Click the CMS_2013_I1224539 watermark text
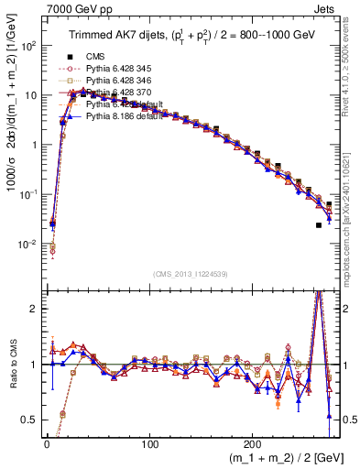(x=189, y=273)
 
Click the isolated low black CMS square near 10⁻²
(x=319, y=225)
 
